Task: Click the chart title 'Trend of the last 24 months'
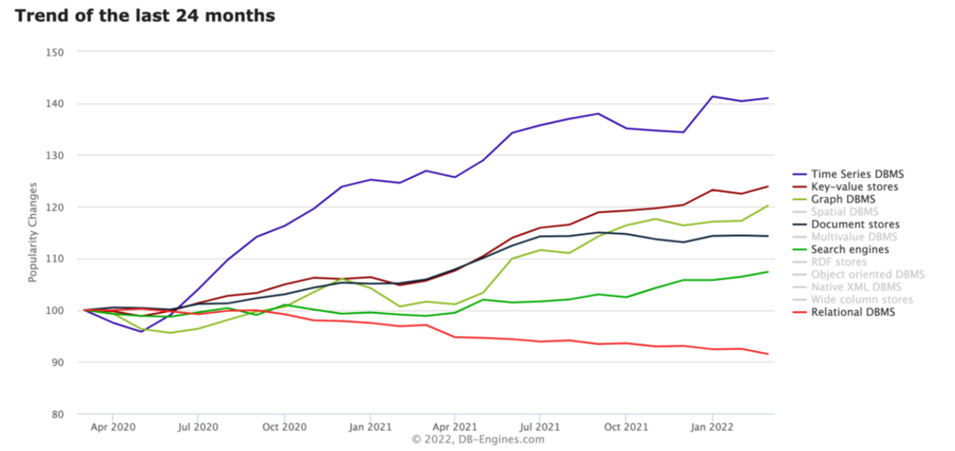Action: [144, 16]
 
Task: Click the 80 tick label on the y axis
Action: [57, 414]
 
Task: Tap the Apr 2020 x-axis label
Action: [112, 426]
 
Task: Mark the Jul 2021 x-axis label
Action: [539, 426]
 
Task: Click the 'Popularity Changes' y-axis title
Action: [33, 233]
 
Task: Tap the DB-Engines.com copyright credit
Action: [477, 440]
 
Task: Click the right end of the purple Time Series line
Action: [768, 98]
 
